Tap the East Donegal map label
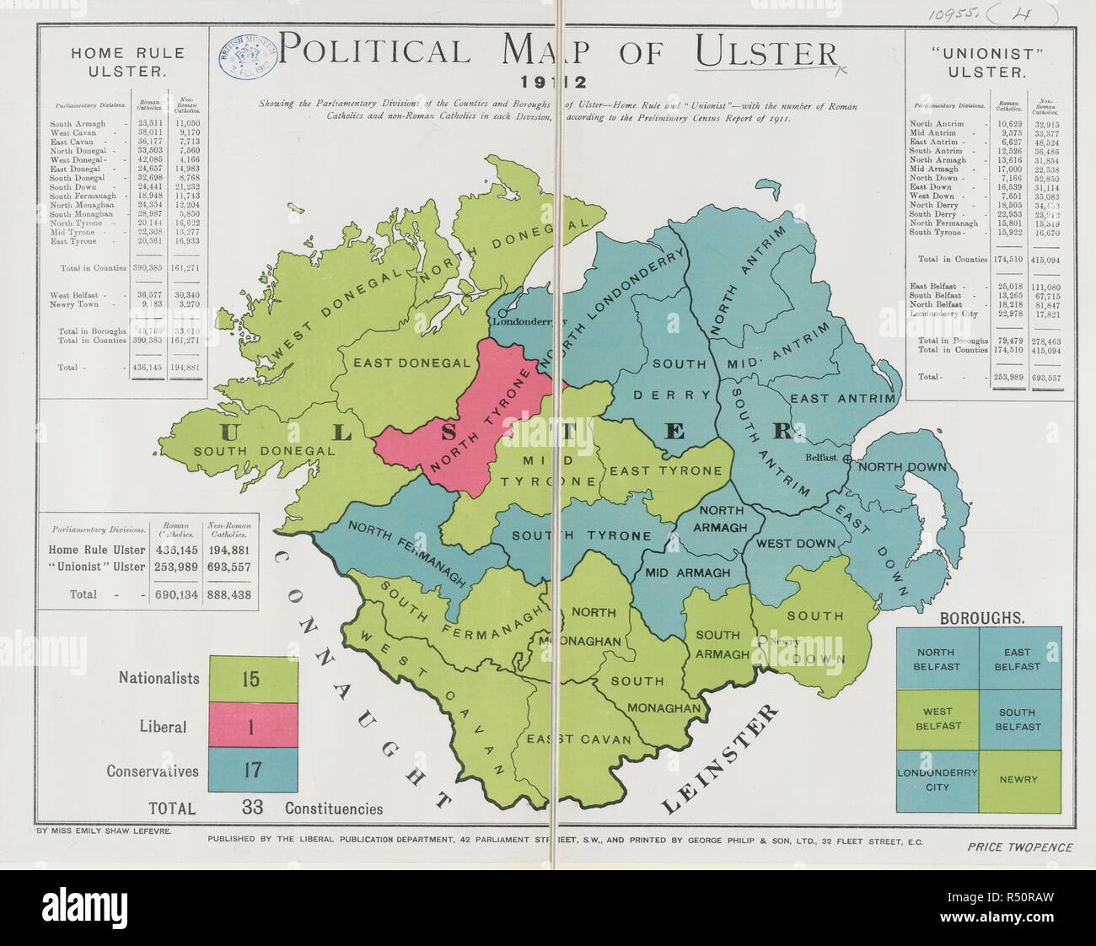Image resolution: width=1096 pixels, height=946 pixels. [x=411, y=363]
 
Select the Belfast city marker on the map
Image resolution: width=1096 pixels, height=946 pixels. [x=846, y=458]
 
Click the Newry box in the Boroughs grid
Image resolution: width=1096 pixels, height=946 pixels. [x=1018, y=780]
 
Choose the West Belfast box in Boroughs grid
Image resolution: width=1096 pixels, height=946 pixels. [x=937, y=719]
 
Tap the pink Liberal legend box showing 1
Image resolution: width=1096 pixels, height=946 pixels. [x=252, y=726]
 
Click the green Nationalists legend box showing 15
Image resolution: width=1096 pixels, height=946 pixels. [x=252, y=679]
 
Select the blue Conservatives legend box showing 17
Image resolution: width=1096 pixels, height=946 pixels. [x=252, y=770]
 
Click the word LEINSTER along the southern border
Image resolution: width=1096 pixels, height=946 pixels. [x=720, y=759]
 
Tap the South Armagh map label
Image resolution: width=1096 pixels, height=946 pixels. [x=717, y=644]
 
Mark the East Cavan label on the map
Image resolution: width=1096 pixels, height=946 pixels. [x=578, y=739]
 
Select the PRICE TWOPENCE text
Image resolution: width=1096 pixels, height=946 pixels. [x=1019, y=847]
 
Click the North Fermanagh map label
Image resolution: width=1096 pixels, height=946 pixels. [x=407, y=552]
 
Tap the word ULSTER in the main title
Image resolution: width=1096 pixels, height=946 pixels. [x=766, y=53]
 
